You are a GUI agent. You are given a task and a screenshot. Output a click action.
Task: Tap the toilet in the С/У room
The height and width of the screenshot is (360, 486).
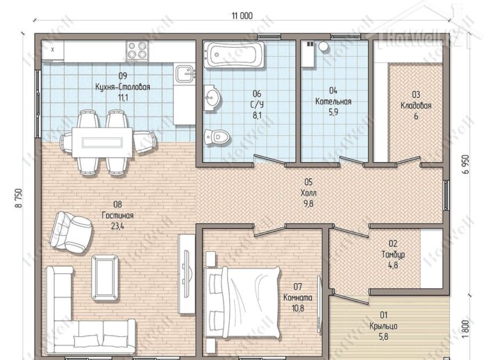point(217,137)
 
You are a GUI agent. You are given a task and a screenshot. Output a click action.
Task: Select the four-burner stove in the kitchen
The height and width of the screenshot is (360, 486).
point(137,50)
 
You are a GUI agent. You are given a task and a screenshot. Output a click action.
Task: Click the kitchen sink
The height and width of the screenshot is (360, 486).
point(185,74)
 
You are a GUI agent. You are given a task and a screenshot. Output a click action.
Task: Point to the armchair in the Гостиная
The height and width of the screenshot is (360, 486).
point(71,232)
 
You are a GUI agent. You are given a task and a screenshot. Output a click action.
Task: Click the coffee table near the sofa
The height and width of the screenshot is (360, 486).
point(105,277)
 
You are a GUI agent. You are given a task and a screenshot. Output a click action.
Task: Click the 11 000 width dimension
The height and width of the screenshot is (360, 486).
point(242,15)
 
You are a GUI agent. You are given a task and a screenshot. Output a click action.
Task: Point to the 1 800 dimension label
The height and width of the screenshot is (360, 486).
point(465,328)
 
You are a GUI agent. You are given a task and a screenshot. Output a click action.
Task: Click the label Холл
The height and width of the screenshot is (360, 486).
point(308,193)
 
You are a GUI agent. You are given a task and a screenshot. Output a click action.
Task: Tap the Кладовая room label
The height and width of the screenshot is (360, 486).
point(416,105)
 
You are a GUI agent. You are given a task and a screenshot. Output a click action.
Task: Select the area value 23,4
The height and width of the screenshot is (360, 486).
point(117,226)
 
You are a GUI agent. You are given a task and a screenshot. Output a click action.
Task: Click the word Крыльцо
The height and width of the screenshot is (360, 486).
point(383,326)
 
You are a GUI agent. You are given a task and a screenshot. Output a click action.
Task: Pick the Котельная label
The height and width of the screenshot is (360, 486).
point(333,101)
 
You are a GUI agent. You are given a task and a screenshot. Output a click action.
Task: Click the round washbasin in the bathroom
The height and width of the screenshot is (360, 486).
point(212,98)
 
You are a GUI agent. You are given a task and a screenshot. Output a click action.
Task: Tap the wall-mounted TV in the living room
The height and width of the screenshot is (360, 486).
point(186,274)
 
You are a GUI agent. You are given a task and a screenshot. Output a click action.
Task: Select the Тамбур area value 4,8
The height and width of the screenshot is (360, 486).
point(393,265)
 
